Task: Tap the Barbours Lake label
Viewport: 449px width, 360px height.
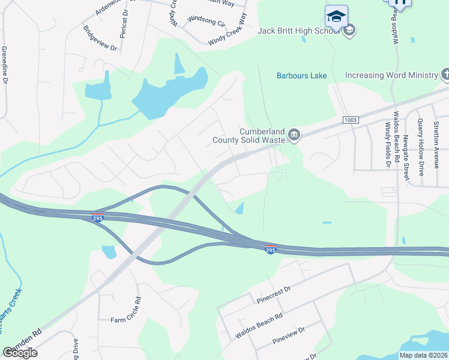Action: (301, 76)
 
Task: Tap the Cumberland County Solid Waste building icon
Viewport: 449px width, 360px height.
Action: (294, 135)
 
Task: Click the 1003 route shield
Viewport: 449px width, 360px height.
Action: (351, 121)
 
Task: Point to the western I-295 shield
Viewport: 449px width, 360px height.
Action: (98, 218)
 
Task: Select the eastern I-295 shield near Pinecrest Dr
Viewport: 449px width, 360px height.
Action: (271, 249)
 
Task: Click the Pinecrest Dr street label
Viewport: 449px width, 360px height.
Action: (273, 293)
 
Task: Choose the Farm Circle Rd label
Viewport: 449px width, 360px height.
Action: (125, 310)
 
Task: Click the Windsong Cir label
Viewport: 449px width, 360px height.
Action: (206, 22)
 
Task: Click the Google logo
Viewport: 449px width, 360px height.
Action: (20, 352)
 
